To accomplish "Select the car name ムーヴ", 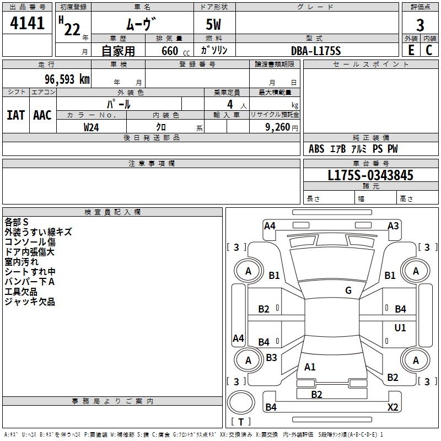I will click(141, 24).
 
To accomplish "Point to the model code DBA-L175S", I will click(316, 51).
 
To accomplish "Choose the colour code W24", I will click(92, 127).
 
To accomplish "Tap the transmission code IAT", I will click(15, 115).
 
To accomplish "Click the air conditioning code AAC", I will click(42, 115).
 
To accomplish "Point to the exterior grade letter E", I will click(411, 50).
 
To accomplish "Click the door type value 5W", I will click(214, 25).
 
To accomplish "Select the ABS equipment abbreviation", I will click(316, 149).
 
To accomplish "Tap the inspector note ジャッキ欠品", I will click(30, 302).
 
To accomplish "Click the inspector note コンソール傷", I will click(30, 242).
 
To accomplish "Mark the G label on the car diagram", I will click(348, 291).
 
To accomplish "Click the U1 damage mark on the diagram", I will click(400, 328).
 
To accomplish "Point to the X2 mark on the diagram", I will click(392, 407).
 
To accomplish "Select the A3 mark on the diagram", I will click(393, 225).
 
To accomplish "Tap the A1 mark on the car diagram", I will click(310, 367).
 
